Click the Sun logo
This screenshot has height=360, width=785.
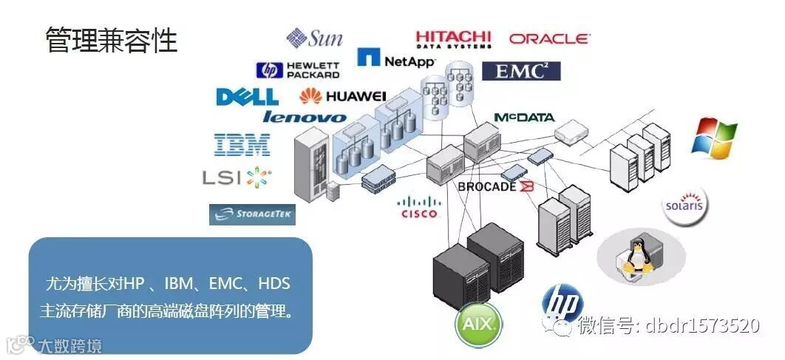click(x=315, y=38)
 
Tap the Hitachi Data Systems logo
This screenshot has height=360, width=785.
click(x=453, y=38)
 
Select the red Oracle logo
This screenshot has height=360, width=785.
click(x=548, y=38)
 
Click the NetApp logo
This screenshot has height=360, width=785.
click(x=396, y=59)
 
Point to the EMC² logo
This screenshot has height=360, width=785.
click(x=521, y=71)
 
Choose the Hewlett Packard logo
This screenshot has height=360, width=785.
click(x=298, y=70)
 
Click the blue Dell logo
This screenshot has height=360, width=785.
click(x=247, y=97)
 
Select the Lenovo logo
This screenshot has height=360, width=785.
click(x=304, y=117)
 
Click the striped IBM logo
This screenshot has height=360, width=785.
click(x=242, y=144)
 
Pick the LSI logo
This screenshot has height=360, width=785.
click(x=237, y=177)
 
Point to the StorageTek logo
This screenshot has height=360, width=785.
click(x=252, y=214)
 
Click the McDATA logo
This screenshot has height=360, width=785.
click(x=524, y=118)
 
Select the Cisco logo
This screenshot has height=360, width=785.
click(x=419, y=207)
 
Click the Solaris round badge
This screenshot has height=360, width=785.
click(x=684, y=203)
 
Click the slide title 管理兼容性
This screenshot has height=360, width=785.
click(x=112, y=40)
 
